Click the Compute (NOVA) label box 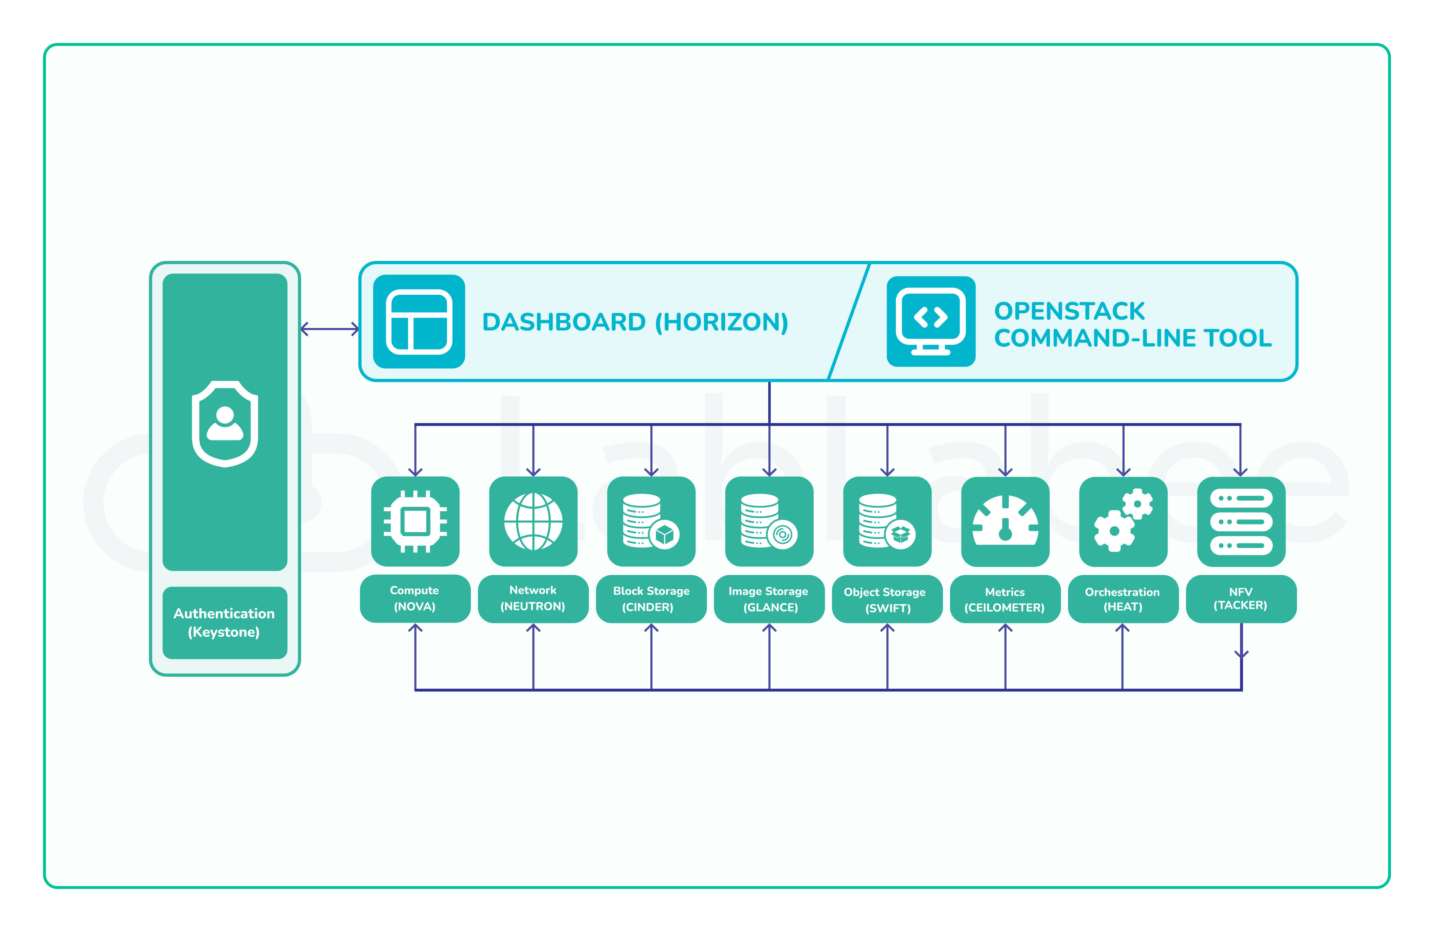[414, 598]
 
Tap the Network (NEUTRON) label [533, 598]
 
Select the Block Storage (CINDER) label [651, 599]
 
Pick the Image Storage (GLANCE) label [769, 599]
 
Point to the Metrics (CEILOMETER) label [1005, 599]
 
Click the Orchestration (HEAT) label [1122, 599]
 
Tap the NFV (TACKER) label [1241, 598]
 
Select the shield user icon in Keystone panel [225, 424]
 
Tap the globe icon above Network [533, 521]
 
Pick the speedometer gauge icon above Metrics [1005, 521]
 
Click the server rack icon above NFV [1241, 521]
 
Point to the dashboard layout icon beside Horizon [419, 322]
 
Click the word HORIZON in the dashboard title [722, 322]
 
